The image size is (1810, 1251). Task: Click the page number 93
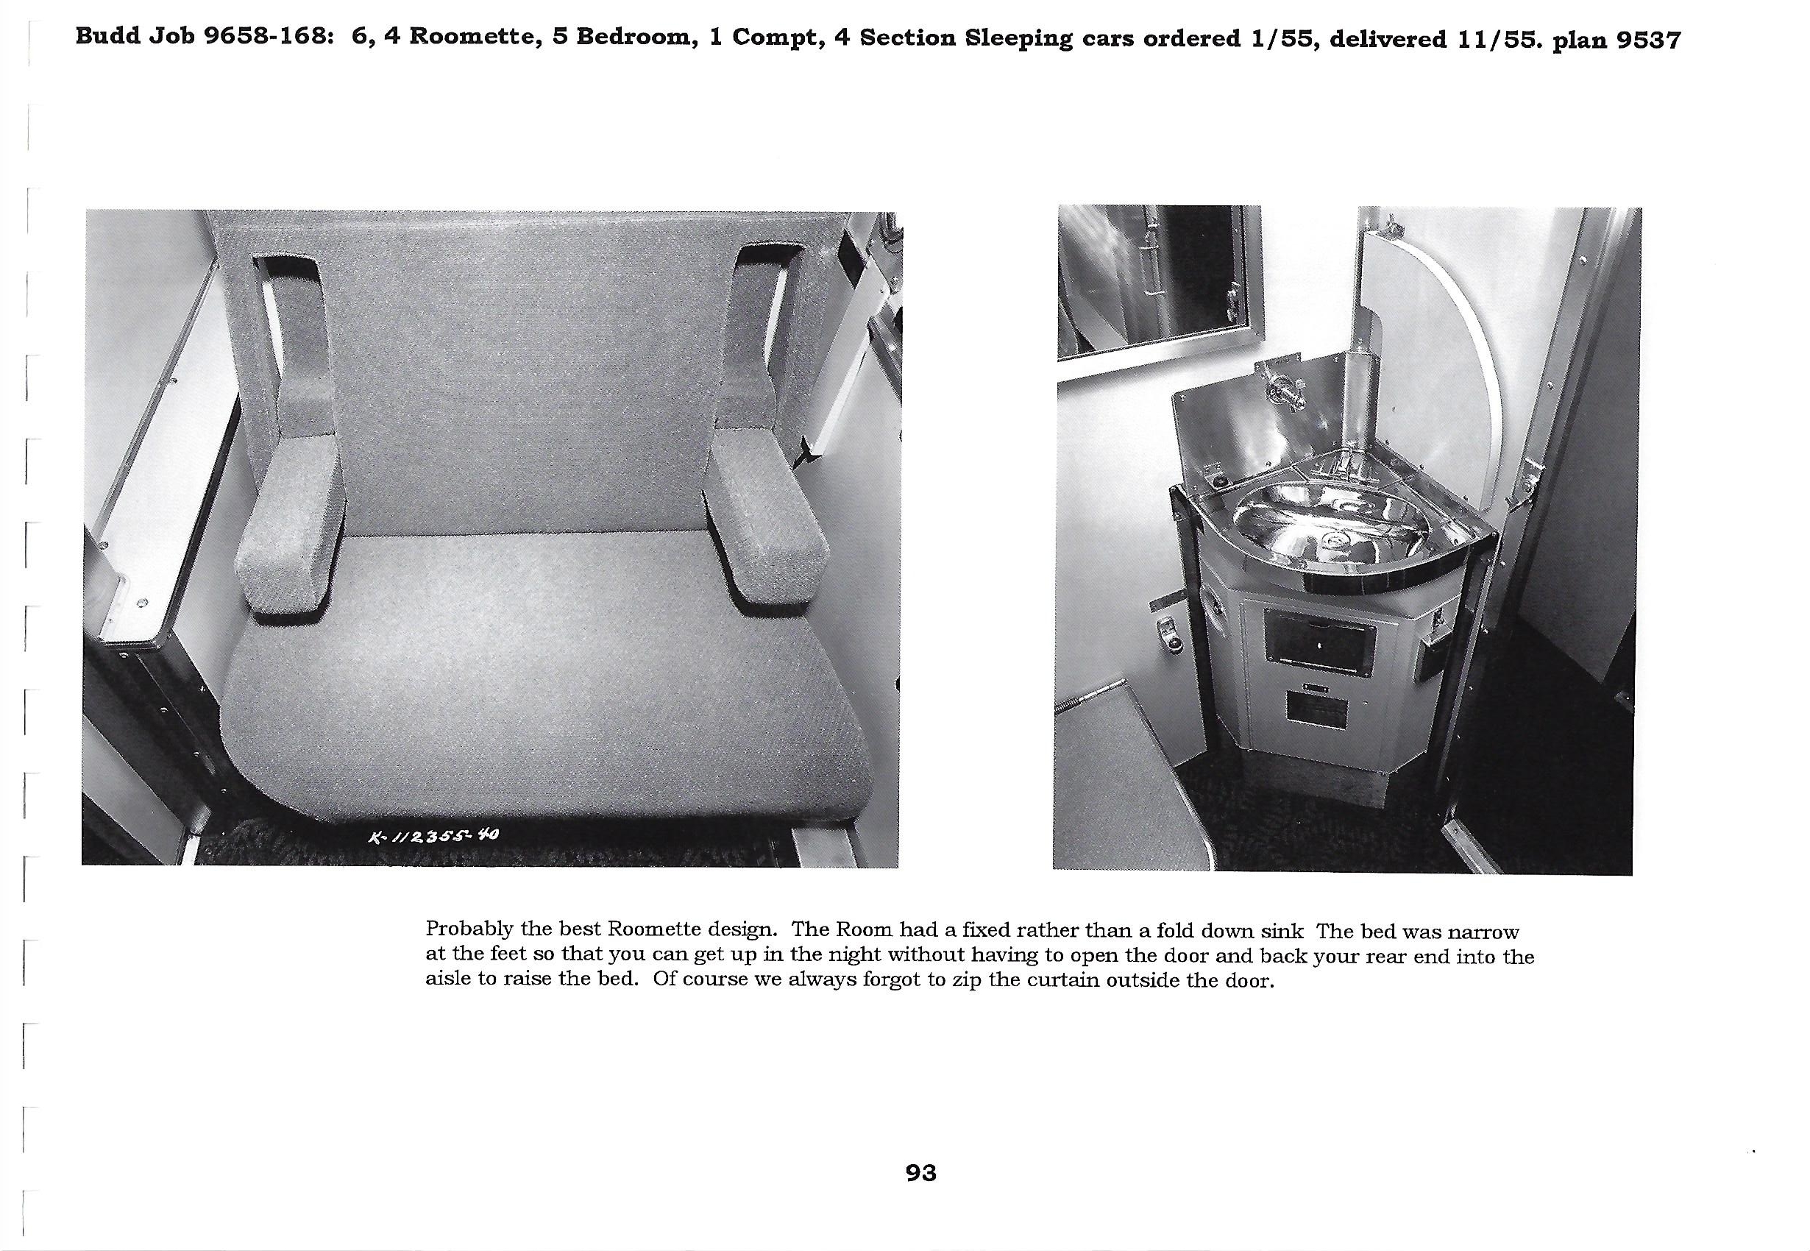[920, 1174]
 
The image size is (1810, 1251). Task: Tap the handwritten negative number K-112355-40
[433, 837]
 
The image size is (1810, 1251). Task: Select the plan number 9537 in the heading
[1649, 39]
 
